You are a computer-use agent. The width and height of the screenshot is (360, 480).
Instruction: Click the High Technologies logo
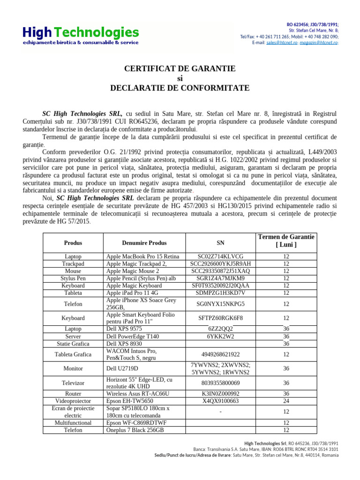81,35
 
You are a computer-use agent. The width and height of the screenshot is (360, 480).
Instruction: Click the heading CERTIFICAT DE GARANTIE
180,69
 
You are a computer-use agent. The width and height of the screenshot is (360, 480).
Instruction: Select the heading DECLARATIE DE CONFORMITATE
180,88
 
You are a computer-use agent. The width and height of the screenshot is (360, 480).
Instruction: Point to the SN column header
220,243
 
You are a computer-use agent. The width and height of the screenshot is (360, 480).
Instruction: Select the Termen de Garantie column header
286,241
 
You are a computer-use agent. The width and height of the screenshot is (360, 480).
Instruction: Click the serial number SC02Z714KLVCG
220,256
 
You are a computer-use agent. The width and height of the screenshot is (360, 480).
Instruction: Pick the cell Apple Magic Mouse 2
133,271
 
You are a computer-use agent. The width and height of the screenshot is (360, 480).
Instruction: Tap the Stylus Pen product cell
73,278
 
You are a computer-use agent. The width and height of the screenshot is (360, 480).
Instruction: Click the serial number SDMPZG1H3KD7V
220,293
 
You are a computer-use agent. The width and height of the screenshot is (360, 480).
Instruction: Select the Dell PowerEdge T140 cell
135,337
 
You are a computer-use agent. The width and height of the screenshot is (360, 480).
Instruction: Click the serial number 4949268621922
220,354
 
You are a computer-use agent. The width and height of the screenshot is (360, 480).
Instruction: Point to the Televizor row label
73,383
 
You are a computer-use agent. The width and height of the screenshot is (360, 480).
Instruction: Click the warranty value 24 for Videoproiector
286,401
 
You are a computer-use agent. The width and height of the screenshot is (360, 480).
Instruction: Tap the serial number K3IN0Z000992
220,394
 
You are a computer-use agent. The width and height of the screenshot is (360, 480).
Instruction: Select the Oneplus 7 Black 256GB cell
135,430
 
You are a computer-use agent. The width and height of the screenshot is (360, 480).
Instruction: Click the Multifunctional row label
73,423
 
